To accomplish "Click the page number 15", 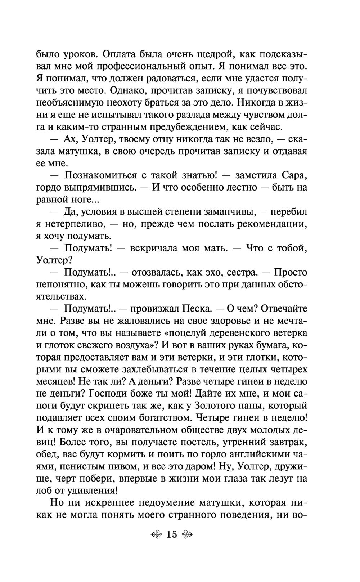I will (172, 534).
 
